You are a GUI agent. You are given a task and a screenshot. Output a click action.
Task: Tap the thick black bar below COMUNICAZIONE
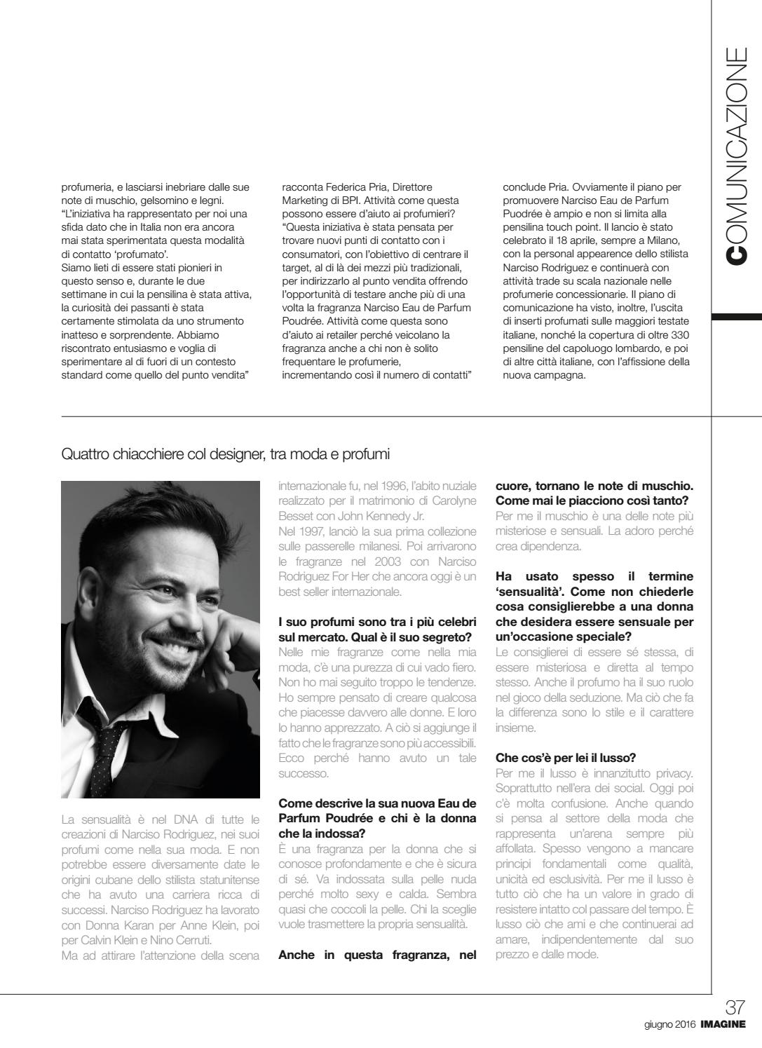pos(737,318)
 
